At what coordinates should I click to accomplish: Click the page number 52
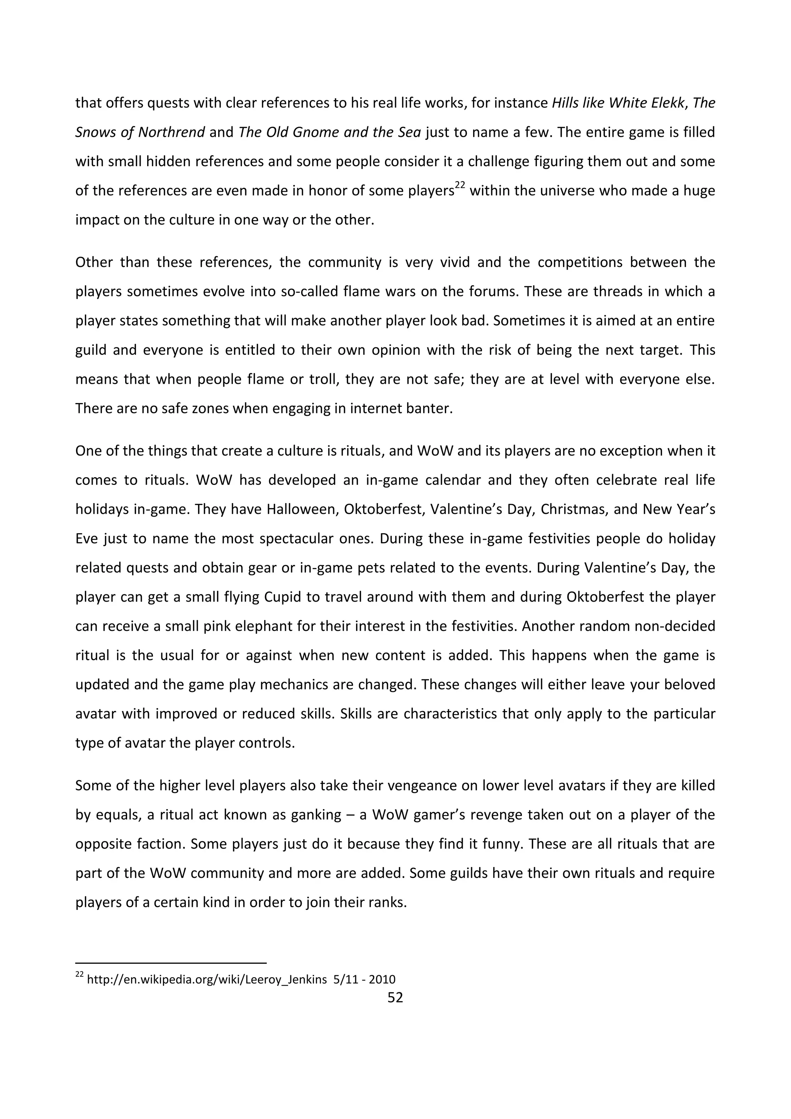395,998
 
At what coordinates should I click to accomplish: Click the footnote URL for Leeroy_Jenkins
207,979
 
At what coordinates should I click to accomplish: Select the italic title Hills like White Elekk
618,103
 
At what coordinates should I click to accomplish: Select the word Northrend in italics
171,133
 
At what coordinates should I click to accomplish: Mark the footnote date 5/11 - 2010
364,979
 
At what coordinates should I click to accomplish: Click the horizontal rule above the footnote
171,963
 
